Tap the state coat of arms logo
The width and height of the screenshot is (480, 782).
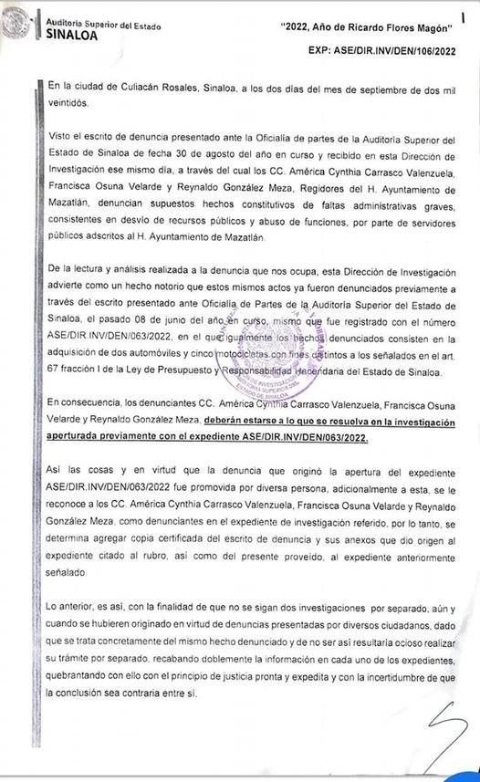click(x=16, y=23)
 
